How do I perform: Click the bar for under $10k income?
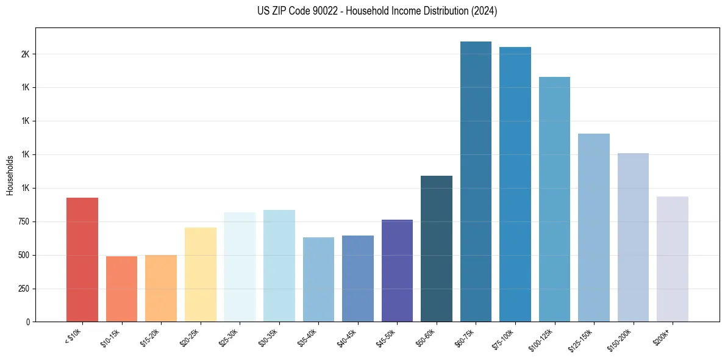pos(82,259)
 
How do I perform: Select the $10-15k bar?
pos(121,289)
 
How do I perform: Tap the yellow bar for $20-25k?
pos(200,275)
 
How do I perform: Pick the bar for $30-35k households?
pos(279,265)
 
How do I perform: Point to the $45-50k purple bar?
pos(397,270)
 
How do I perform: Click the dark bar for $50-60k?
pos(437,248)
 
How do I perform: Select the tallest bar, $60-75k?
pos(476,181)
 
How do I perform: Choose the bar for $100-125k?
pos(554,199)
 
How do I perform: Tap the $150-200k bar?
pos(633,237)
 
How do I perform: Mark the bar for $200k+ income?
pos(673,259)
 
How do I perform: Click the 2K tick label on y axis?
pos(25,54)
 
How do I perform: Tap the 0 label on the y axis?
pos(28,322)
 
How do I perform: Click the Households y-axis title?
pos(10,175)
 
